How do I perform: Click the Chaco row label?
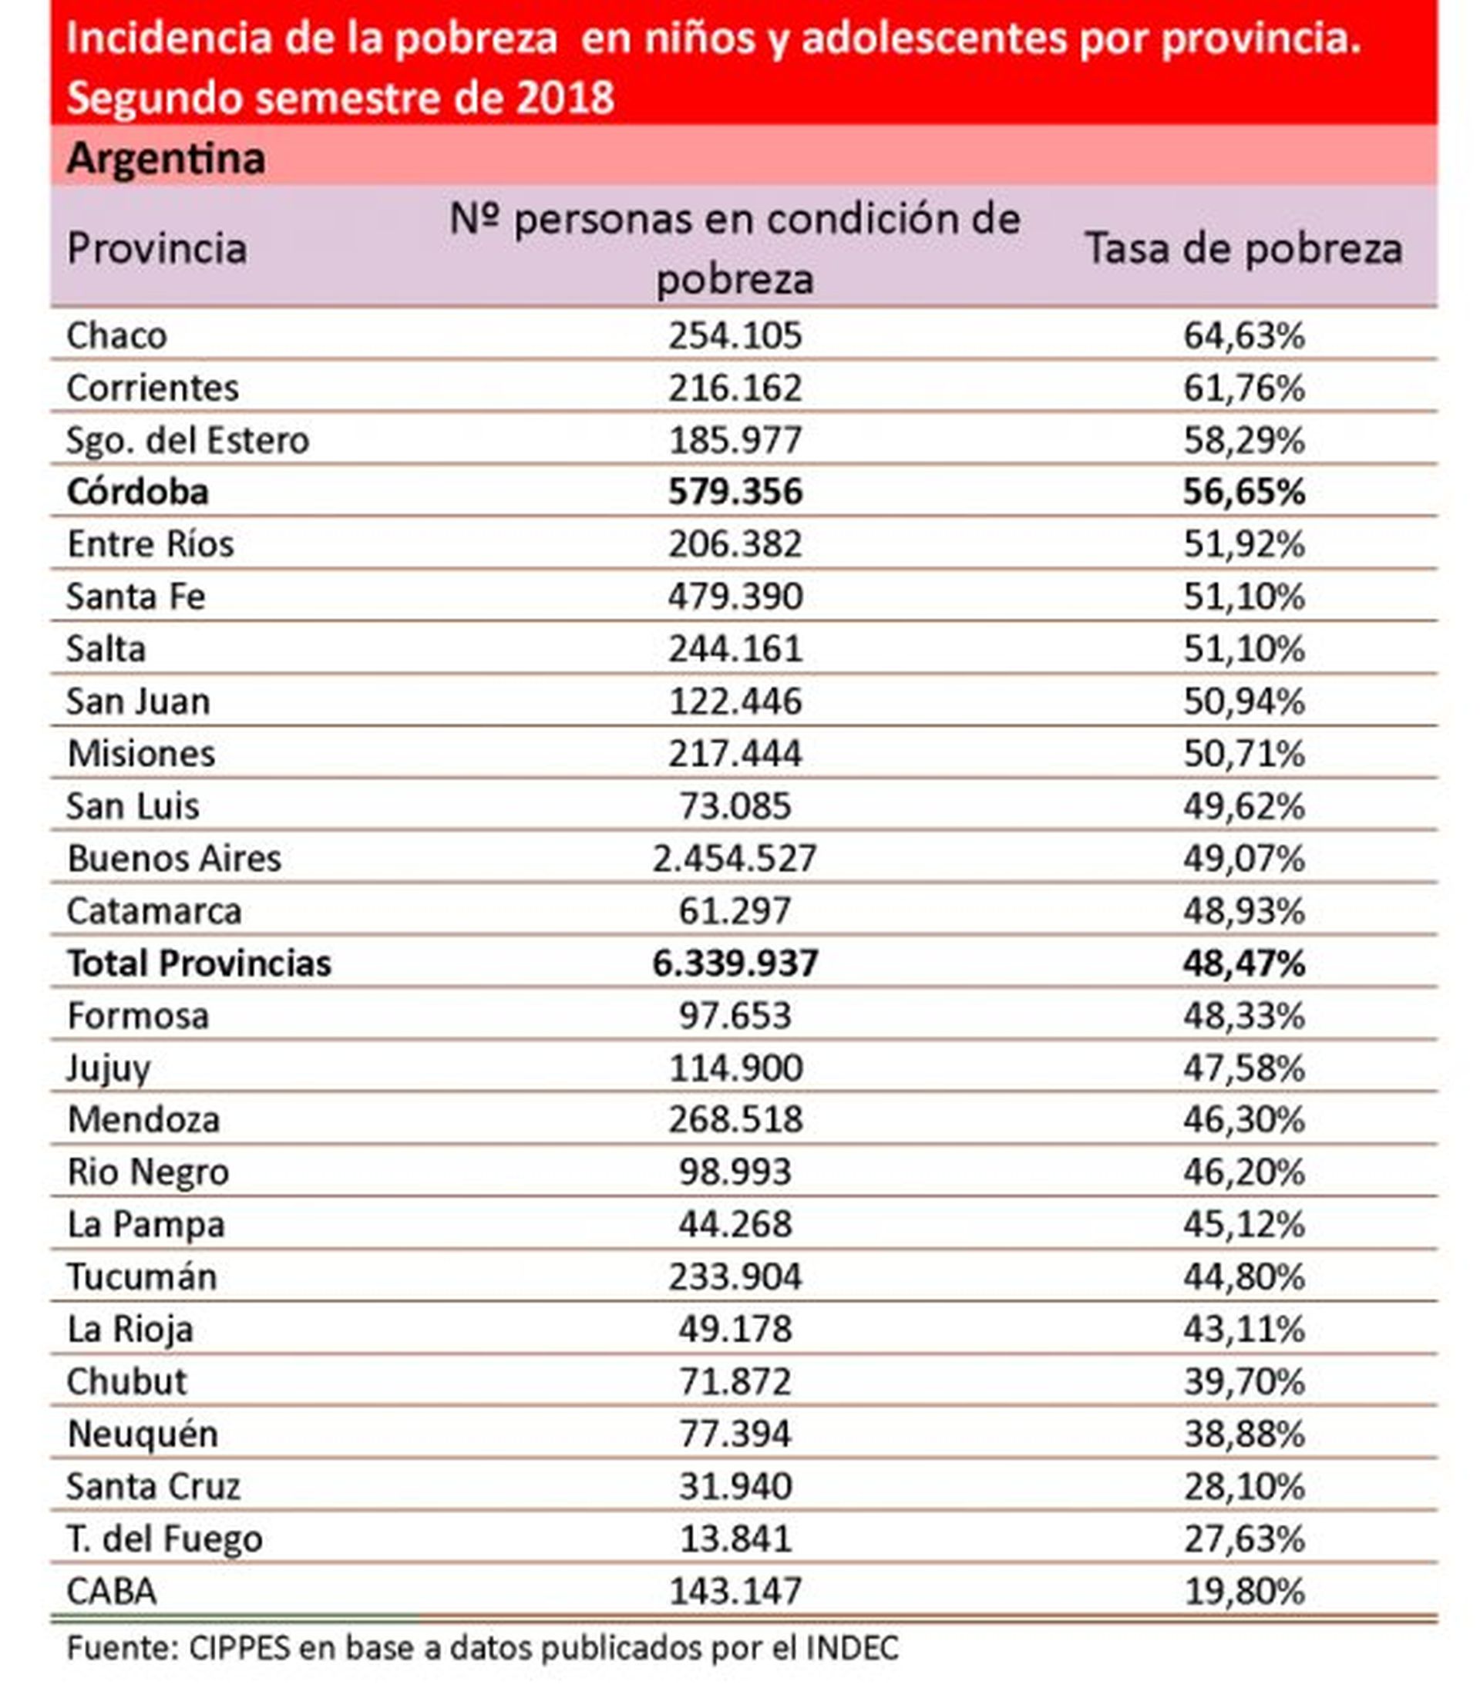[116, 335]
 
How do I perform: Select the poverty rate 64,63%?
[1243, 335]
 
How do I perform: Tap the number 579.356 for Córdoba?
[735, 492]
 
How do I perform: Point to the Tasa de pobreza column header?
[1243, 248]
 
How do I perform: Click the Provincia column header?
[156, 248]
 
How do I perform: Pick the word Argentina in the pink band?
[166, 158]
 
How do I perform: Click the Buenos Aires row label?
[174, 858]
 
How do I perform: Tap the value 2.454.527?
[734, 858]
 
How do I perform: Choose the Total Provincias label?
[199, 963]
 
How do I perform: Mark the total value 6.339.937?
[735, 963]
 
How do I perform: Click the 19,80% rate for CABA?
[1243, 1590]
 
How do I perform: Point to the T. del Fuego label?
[164, 1539]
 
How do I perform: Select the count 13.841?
[735, 1539]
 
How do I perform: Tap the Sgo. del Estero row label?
[187, 440]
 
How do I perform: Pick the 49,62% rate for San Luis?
[1243, 806]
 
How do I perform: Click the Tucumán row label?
[142, 1277]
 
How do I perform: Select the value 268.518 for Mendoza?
[735, 1119]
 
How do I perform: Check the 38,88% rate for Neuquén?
[1243, 1434]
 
